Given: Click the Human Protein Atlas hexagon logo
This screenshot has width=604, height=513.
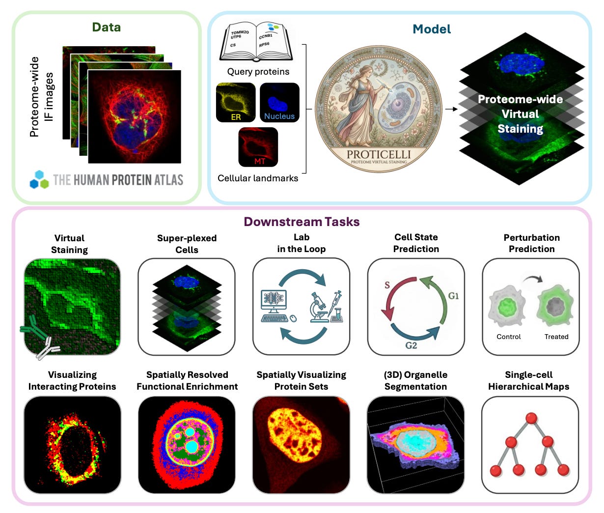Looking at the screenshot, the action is (x=39, y=180).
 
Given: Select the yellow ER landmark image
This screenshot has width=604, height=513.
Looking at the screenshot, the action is (x=236, y=103).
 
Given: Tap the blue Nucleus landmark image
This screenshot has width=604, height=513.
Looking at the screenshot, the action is (x=279, y=103).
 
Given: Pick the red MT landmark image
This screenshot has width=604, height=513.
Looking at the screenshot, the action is (x=258, y=147).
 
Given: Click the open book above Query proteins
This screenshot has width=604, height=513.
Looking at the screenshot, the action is (x=258, y=42).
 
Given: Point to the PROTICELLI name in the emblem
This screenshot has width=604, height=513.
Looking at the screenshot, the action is (x=379, y=154).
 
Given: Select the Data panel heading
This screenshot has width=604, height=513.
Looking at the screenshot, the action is (x=107, y=27).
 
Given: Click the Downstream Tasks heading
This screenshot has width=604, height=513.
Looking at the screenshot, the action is (x=302, y=222).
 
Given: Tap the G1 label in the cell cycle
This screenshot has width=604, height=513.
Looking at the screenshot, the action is (x=453, y=295).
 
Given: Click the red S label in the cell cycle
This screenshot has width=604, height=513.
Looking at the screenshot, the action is (x=387, y=285).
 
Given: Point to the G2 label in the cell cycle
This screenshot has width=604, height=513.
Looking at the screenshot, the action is (x=411, y=345).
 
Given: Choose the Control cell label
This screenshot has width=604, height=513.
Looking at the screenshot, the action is (x=509, y=337).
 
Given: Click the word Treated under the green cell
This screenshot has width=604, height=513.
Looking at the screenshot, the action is (x=556, y=337).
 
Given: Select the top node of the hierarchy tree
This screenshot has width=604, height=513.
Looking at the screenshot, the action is (x=530, y=418).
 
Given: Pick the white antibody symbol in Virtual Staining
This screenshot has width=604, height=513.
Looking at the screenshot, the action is (x=47, y=347).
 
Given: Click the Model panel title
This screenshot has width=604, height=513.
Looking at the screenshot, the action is (x=432, y=29).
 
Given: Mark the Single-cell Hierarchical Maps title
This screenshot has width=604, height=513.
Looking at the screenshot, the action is (x=529, y=380).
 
